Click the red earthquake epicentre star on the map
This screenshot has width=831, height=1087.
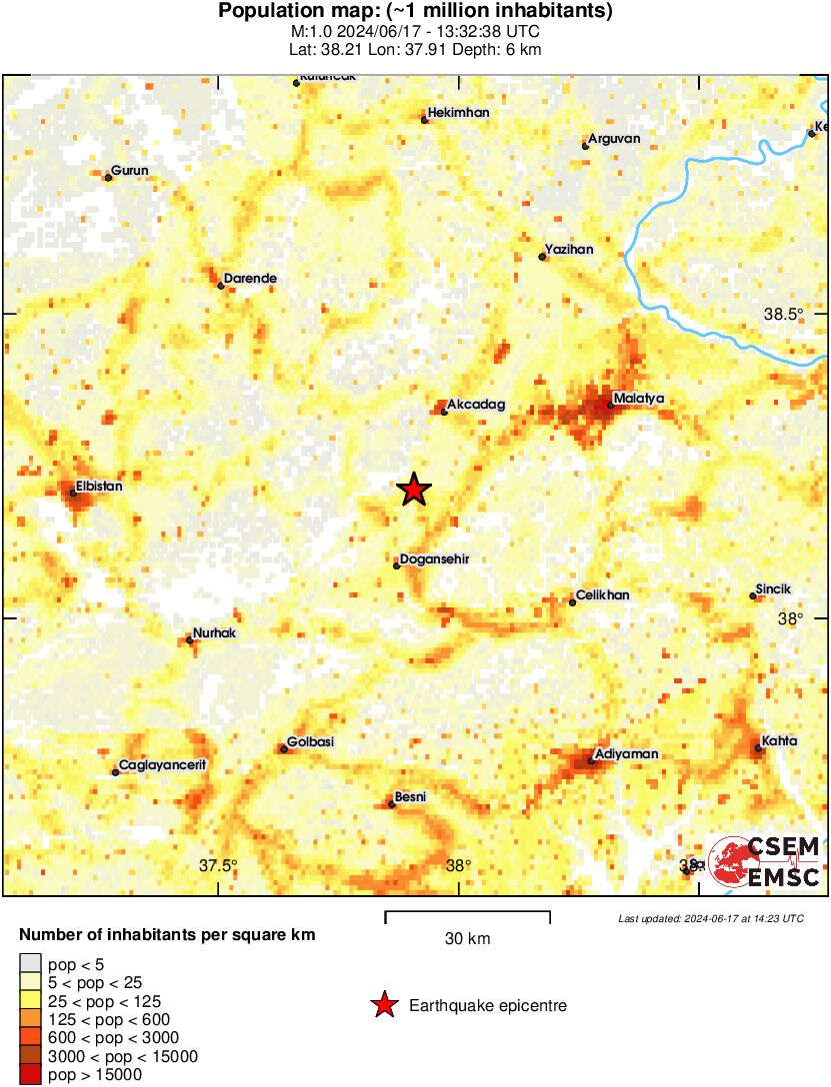tap(413, 490)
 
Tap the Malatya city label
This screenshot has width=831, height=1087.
tap(638, 399)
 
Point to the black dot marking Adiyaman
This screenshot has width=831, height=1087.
tap(591, 761)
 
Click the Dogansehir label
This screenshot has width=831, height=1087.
tap(434, 559)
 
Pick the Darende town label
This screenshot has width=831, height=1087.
tap(250, 278)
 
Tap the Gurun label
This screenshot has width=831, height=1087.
tap(130, 171)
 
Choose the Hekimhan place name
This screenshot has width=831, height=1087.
tap(458, 113)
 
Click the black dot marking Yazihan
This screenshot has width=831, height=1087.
tap(542, 257)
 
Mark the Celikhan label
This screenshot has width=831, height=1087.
tap(604, 595)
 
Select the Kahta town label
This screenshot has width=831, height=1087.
tap(779, 741)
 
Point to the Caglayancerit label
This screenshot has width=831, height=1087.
tap(162, 765)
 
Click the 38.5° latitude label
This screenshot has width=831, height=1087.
tap(783, 314)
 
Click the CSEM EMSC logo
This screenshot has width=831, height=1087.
tap(764, 862)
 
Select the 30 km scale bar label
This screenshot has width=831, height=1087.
tap(467, 939)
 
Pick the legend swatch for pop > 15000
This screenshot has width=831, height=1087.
tap(31, 1075)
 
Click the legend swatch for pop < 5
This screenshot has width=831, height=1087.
tap(31, 964)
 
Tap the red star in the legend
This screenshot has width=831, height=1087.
tap(383, 1006)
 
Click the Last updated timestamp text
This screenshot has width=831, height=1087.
tap(710, 918)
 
